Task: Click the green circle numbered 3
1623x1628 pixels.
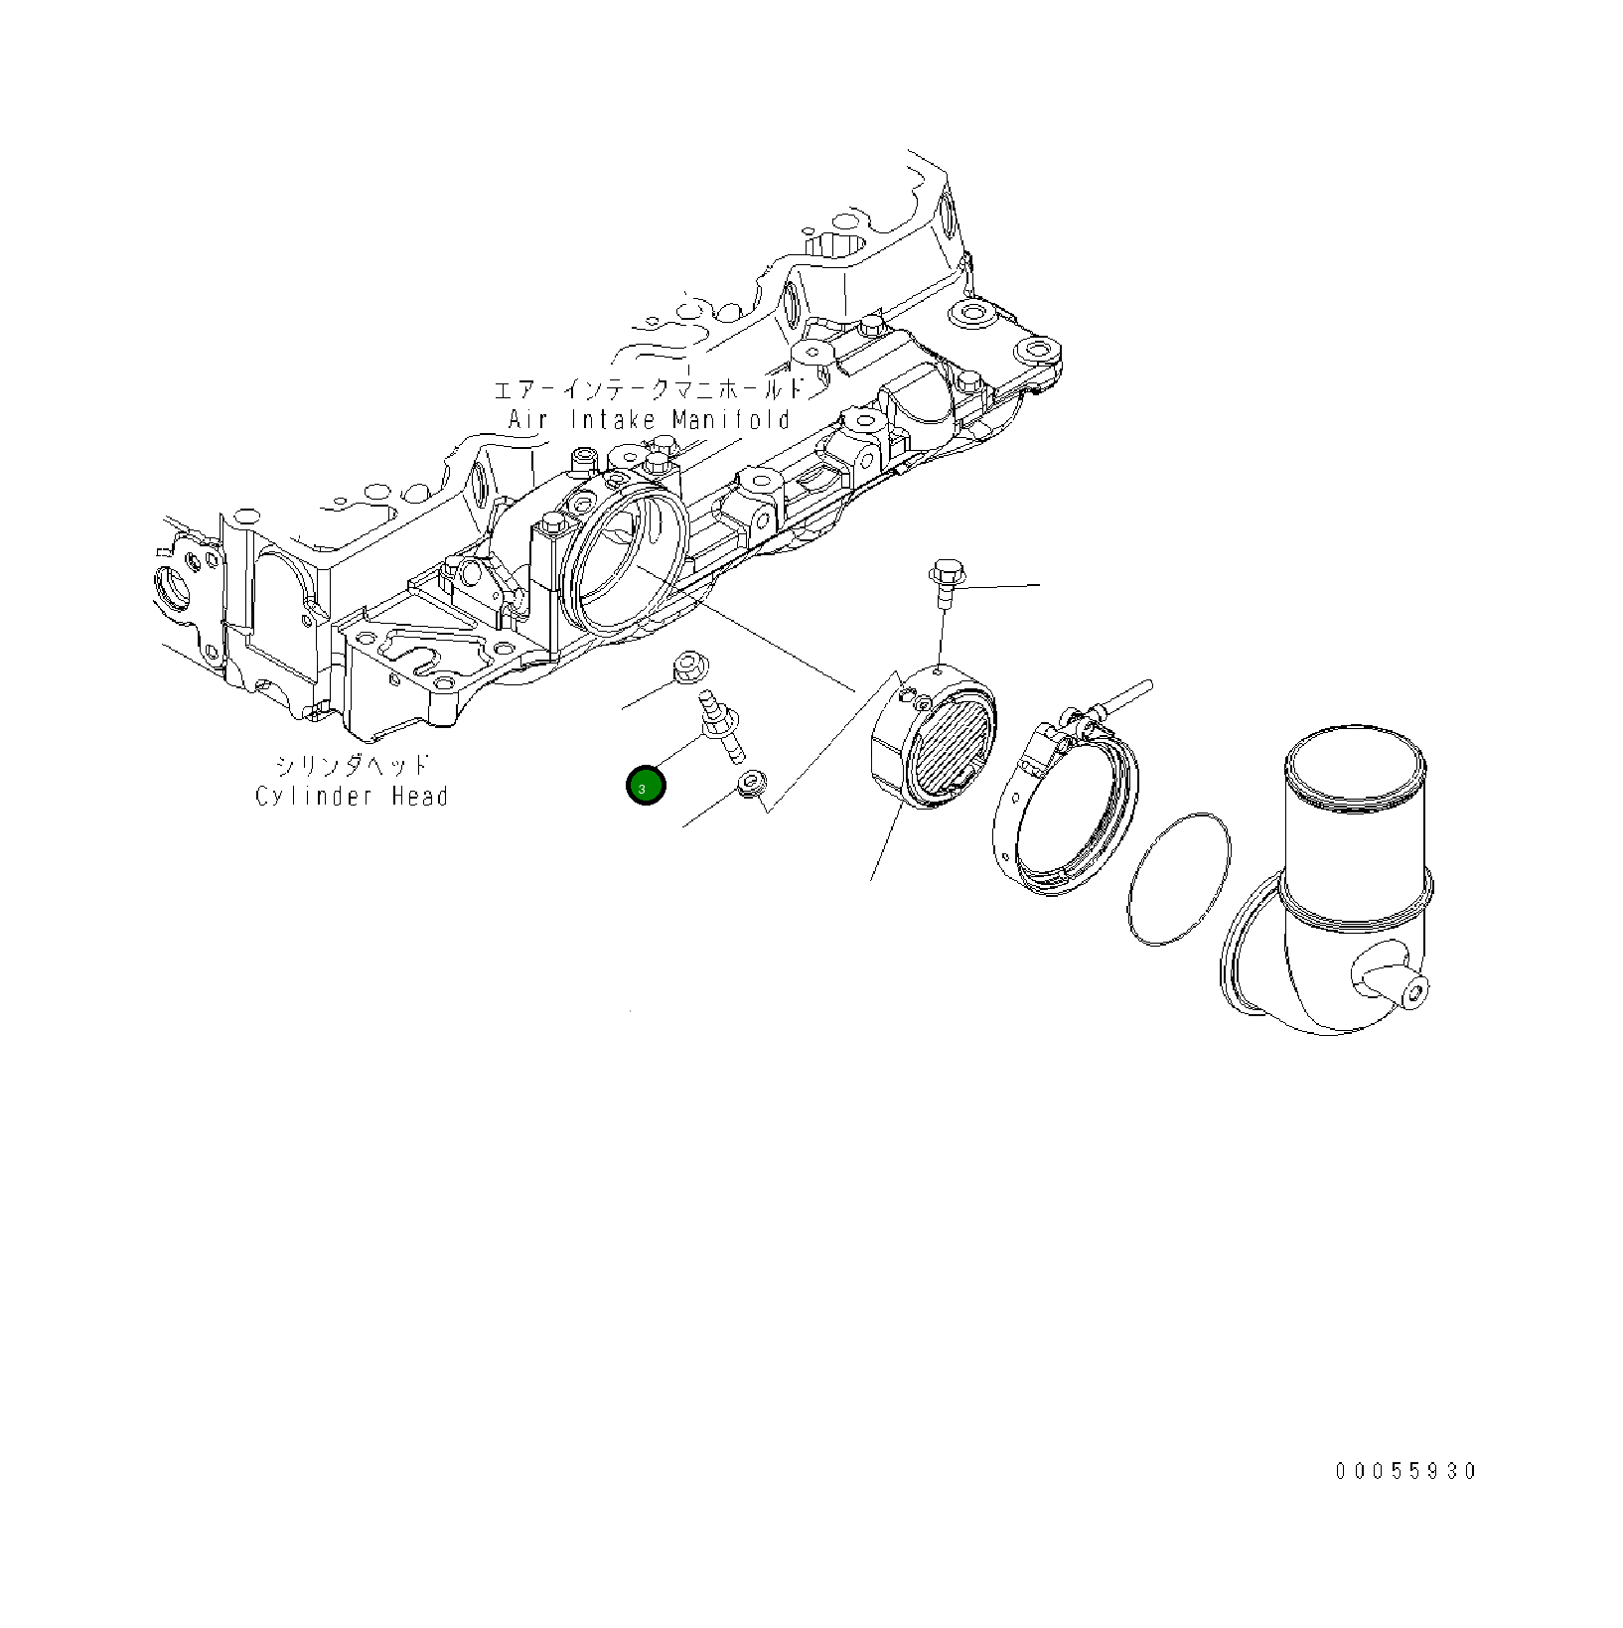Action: (646, 786)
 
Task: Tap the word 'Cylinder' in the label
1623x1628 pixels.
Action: (313, 797)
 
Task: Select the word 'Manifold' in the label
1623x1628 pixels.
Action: (731, 419)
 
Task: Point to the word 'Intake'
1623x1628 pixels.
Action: (613, 419)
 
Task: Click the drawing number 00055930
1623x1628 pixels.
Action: (1406, 1471)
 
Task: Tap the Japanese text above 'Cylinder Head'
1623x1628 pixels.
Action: (353, 766)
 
